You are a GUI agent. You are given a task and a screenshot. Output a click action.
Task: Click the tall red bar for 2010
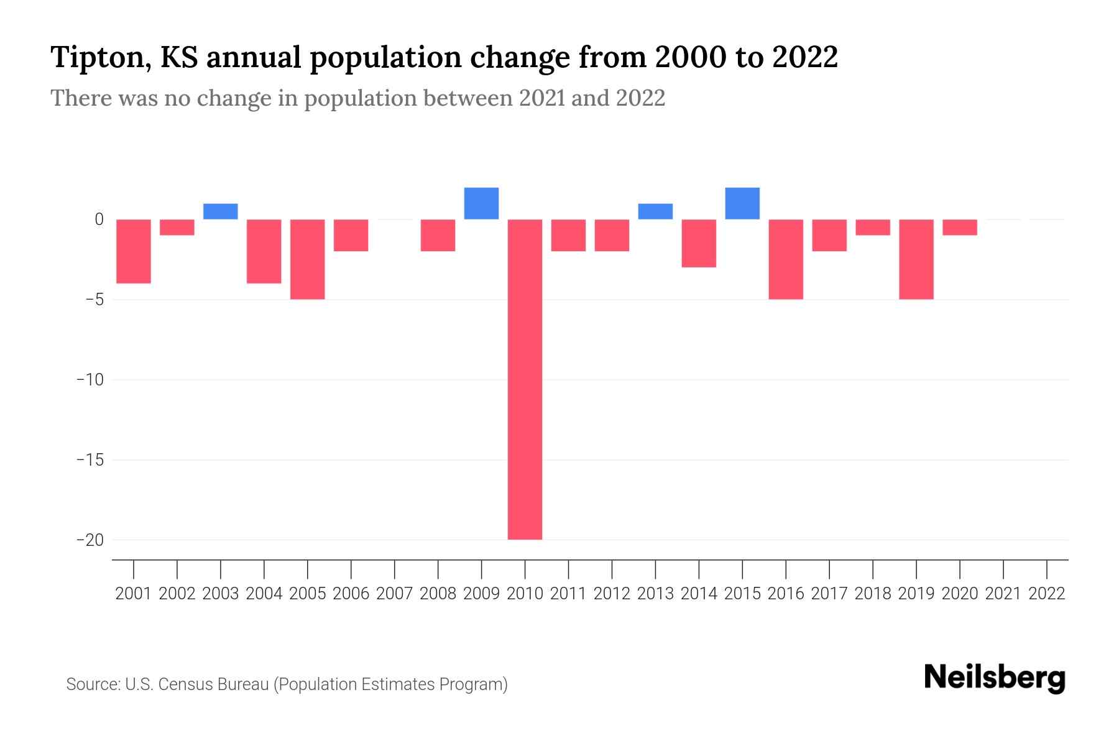pos(525,379)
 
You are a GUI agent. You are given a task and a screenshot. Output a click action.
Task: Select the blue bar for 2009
pos(481,203)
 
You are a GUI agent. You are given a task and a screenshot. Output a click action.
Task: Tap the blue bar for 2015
pos(742,203)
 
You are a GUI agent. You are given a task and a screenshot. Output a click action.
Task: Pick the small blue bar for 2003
pos(221,211)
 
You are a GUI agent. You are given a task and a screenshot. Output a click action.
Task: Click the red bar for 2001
pos(134,251)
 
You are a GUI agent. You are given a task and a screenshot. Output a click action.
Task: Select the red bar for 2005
pos(308,259)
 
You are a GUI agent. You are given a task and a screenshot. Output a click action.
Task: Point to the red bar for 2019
pos(916,259)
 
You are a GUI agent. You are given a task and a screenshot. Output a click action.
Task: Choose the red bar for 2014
pos(699,243)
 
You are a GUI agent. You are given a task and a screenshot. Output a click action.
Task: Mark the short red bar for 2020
pos(960,228)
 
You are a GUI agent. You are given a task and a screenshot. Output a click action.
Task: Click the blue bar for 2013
pos(655,211)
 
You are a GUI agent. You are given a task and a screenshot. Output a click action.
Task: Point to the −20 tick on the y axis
pos(90,540)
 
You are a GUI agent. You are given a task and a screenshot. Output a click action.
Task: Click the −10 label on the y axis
pos(90,379)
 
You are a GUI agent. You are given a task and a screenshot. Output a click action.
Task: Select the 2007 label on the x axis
pos(395,594)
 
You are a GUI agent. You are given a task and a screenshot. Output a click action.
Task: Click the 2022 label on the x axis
pos(1047,594)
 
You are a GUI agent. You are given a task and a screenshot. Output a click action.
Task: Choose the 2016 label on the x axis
pos(786,594)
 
